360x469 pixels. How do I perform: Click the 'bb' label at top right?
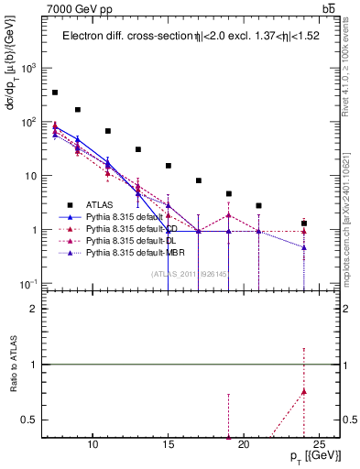[x=329, y=10]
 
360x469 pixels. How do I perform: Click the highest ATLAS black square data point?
[x=55, y=93]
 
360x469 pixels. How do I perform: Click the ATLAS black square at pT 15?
[x=169, y=166]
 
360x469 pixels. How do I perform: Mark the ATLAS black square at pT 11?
[x=108, y=131]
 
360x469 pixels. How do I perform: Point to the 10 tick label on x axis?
[x=93, y=444]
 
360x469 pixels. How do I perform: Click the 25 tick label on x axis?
[x=319, y=444]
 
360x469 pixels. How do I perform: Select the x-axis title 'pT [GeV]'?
[x=305, y=456]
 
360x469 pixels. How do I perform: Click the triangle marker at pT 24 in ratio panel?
[x=304, y=391]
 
